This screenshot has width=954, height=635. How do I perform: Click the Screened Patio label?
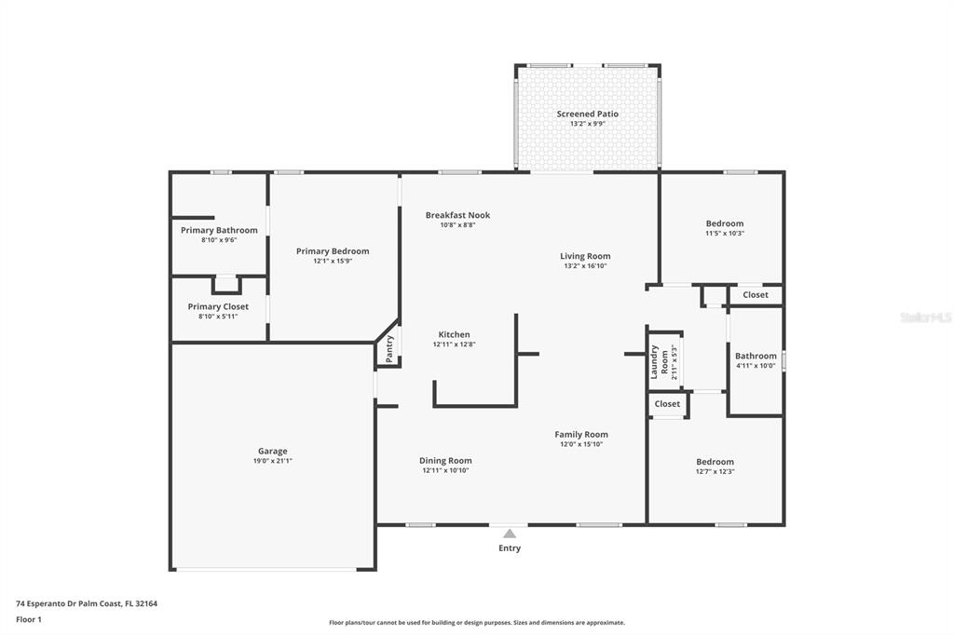coord(587,114)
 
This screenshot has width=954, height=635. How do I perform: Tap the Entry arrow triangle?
coord(510,534)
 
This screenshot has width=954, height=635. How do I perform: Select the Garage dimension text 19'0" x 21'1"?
coord(273,461)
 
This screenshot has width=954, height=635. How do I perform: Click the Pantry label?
coord(389,348)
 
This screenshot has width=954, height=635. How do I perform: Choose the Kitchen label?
coord(454,334)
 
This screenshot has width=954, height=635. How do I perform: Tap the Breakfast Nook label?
coord(457,215)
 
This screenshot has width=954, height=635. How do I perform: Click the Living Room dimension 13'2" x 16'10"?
coord(585,265)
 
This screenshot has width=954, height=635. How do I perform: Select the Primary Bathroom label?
coord(219,230)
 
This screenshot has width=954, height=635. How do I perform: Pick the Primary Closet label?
coord(218,306)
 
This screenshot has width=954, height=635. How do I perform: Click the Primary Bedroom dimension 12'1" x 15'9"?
coord(333,261)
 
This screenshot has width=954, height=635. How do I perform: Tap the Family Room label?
coord(581,434)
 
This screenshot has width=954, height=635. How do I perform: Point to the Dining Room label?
coord(445,461)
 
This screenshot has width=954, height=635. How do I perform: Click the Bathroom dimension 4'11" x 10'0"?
coord(756,366)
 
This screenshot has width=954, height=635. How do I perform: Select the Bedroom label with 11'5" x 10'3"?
coord(725,223)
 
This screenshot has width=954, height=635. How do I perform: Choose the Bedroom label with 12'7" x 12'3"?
coord(715,462)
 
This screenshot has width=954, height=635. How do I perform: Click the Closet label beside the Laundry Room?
coord(667,404)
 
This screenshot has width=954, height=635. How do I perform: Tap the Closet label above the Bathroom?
coord(756,294)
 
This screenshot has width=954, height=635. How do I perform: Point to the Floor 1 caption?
coord(29,619)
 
